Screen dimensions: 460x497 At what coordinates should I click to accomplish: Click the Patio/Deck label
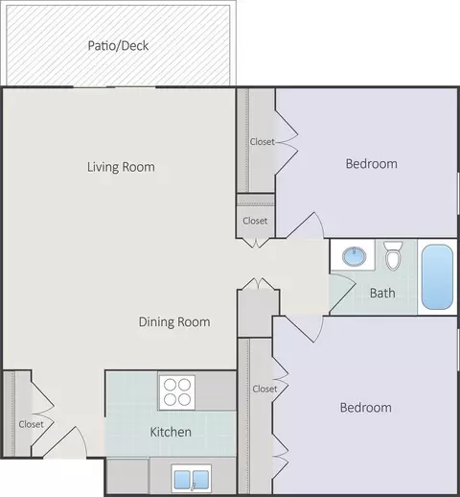pyautogui.click(x=118, y=46)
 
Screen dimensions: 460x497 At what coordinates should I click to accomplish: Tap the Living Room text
pyautogui.click(x=121, y=167)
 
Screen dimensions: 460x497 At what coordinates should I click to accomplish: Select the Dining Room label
pyautogui.click(x=174, y=321)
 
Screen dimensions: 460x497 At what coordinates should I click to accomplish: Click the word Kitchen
pyautogui.click(x=171, y=432)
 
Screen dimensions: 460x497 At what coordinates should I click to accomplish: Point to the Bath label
pyautogui.click(x=382, y=293)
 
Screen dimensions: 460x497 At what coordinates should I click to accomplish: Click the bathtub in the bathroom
pyautogui.click(x=437, y=277)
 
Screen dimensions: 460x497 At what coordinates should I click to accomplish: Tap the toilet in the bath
pyautogui.click(x=393, y=256)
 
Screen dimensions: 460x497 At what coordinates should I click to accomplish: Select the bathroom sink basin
pyautogui.click(x=354, y=256)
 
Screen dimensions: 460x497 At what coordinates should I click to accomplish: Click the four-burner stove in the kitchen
pyautogui.click(x=177, y=392)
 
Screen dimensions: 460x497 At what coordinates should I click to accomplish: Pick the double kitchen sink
pyautogui.click(x=192, y=479)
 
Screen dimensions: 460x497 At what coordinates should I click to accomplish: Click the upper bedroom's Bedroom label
pyautogui.click(x=372, y=164)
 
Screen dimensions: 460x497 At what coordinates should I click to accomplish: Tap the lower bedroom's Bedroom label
pyautogui.click(x=365, y=408)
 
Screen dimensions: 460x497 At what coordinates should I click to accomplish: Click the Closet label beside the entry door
pyautogui.click(x=31, y=424)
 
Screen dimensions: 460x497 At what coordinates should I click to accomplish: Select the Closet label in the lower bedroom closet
pyautogui.click(x=264, y=389)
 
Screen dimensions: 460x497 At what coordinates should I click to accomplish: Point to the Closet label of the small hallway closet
pyautogui.click(x=255, y=221)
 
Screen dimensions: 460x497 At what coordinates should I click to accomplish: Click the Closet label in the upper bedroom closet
pyautogui.click(x=263, y=141)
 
